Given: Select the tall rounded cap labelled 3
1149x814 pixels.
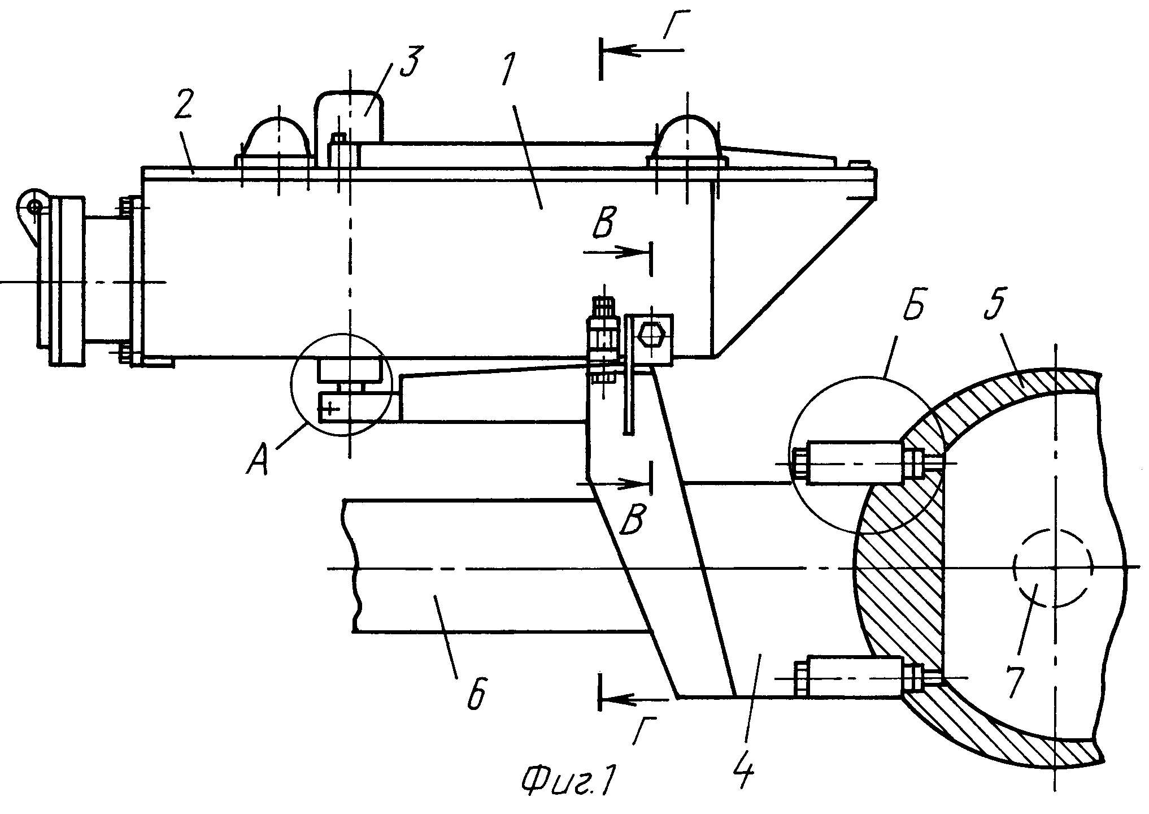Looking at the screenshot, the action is pos(350,116).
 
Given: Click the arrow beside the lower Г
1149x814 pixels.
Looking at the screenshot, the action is pos(639,699).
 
